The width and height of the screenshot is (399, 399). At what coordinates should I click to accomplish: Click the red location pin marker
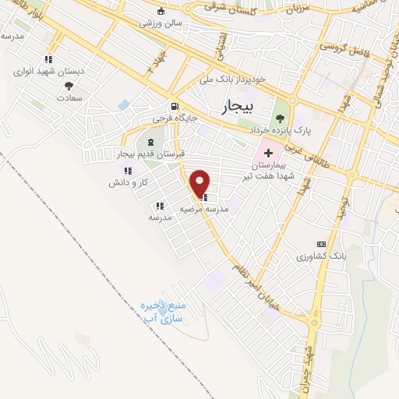tap(201, 183)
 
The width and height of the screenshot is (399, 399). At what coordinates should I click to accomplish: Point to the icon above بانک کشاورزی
tap(321, 244)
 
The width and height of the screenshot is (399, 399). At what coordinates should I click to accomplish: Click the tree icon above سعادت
tap(69, 86)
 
